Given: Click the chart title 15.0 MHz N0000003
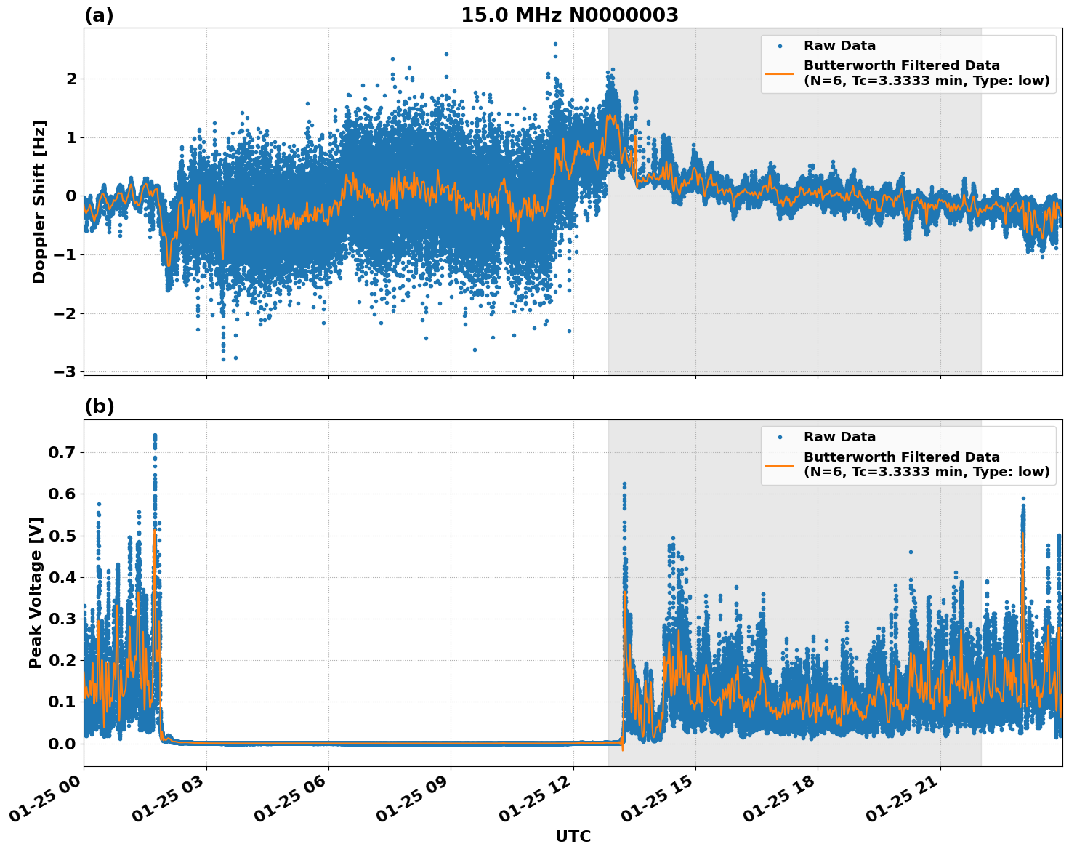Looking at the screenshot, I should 569,15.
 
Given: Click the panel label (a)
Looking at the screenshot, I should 99,15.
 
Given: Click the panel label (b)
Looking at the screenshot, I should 99,406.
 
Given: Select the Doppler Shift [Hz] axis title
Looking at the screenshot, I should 39,201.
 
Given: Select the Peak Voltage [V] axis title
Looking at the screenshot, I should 36,592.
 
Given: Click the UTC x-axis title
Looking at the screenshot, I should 573,836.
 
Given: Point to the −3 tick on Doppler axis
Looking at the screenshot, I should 65,371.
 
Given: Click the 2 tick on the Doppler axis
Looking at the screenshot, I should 70,79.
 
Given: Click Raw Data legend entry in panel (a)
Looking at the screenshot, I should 839,46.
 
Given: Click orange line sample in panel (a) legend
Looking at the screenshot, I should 780,73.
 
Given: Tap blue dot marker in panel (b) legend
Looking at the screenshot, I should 780,437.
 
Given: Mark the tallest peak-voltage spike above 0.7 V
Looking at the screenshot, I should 155,436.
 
